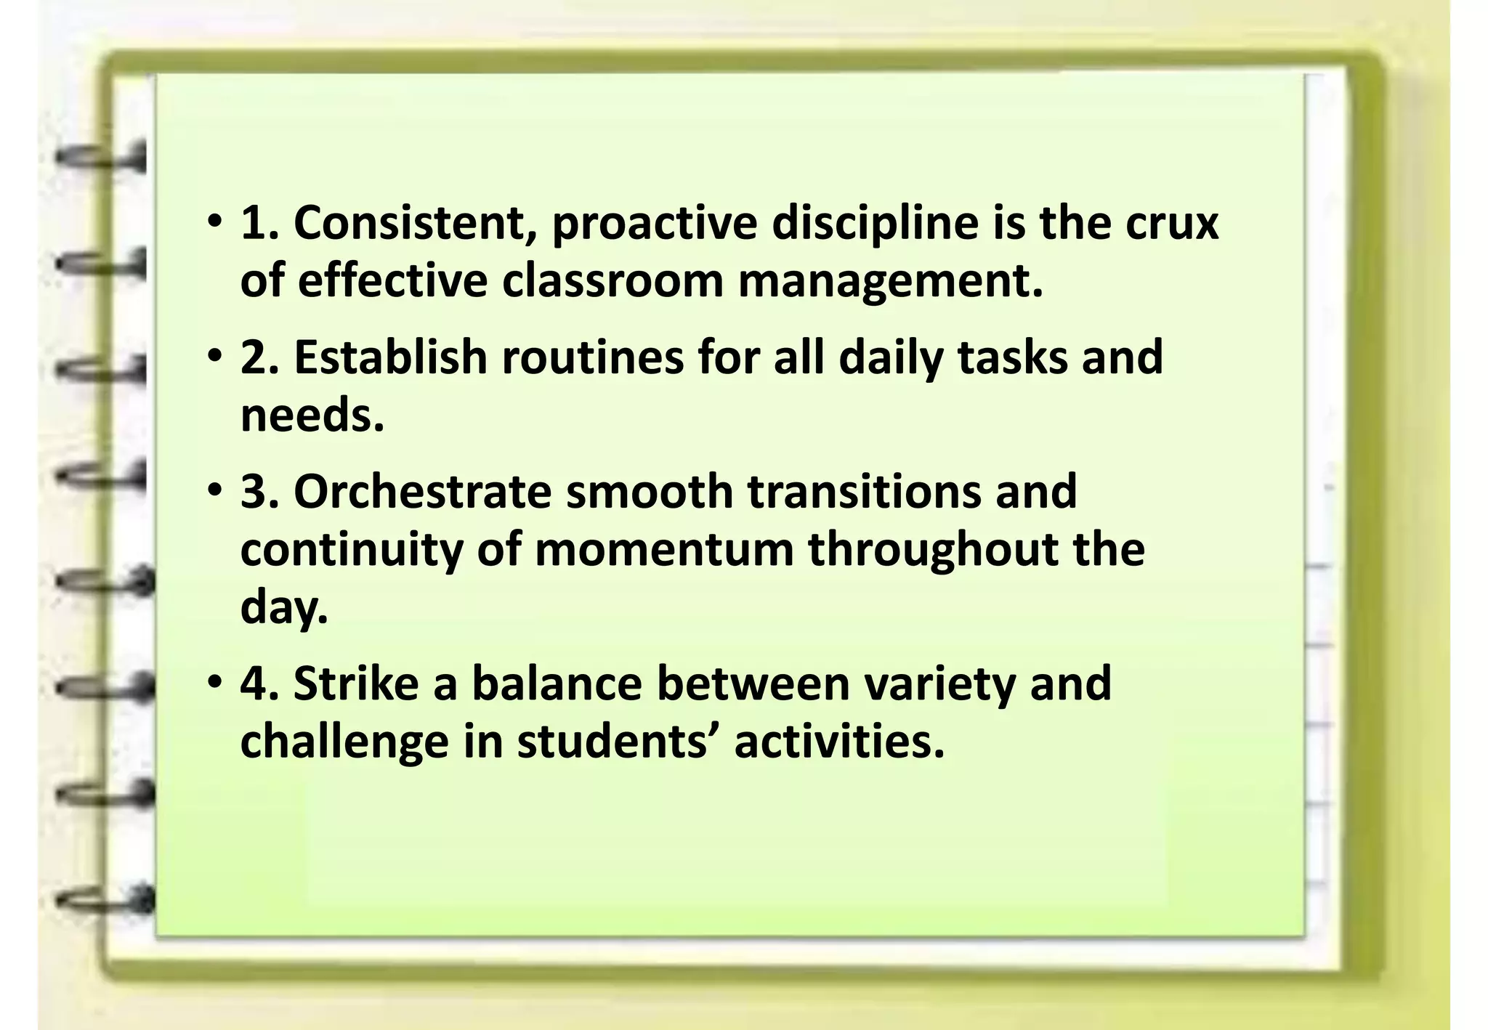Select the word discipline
point(875,224)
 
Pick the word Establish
point(389,357)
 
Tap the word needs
point(312,415)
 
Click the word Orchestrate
point(422,492)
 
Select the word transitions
point(864,492)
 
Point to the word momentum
point(664,550)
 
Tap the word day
point(283,609)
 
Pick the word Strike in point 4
point(356,684)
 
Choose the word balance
point(557,684)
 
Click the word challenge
point(344,743)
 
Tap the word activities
point(839,742)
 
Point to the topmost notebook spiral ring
point(102,158)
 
